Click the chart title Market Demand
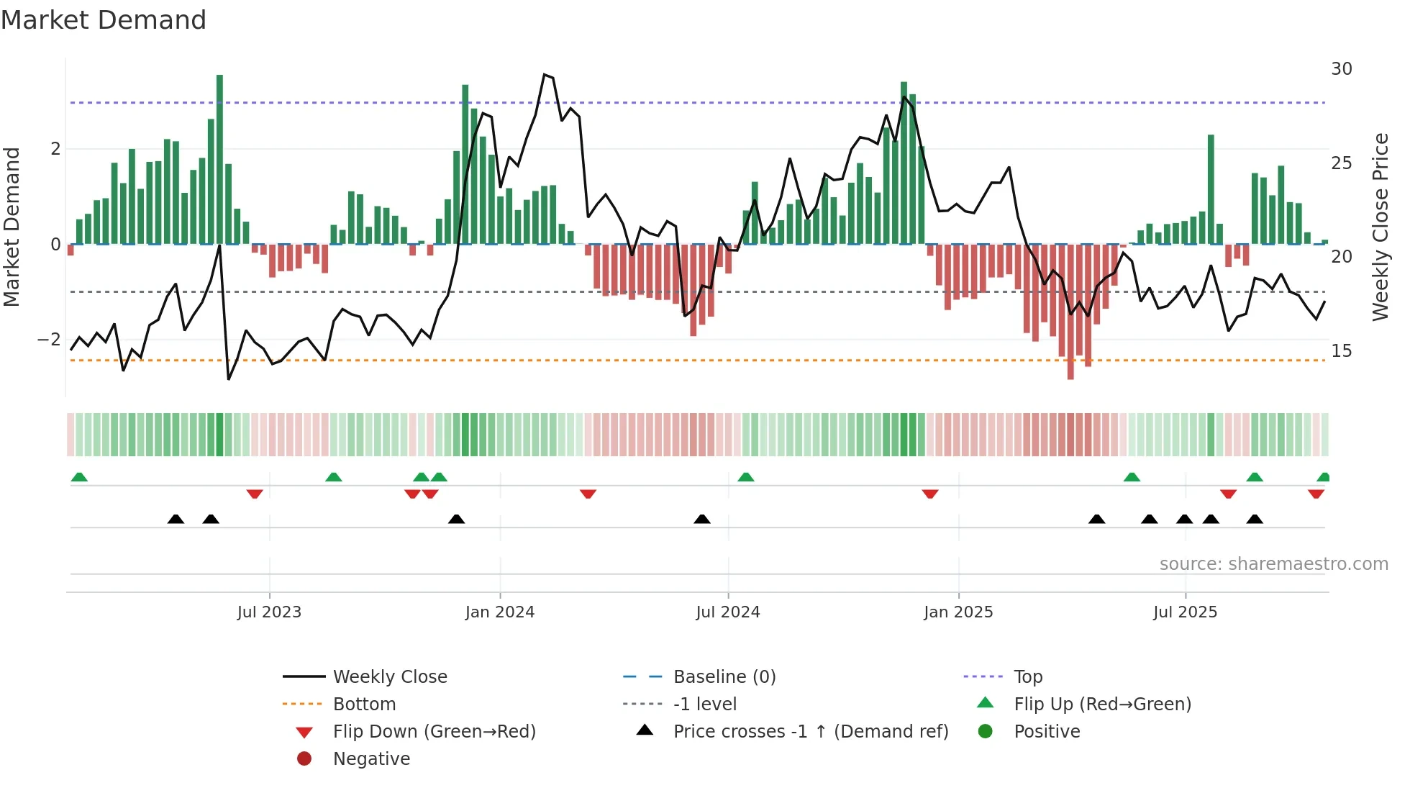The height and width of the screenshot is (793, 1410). [x=104, y=20]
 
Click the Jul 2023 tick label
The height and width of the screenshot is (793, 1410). [x=269, y=612]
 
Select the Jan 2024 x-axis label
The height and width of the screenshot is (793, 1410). [x=499, y=612]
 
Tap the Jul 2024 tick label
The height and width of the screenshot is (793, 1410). [x=727, y=612]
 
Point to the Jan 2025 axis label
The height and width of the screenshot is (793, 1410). [x=958, y=612]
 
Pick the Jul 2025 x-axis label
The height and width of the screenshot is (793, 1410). [x=1185, y=612]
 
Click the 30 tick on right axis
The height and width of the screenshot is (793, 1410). [x=1341, y=69]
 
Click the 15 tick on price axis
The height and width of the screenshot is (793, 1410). [x=1341, y=351]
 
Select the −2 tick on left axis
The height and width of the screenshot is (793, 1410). [x=49, y=340]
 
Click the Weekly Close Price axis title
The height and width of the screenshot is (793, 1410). [x=1380, y=227]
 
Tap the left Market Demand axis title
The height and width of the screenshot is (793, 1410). [x=12, y=227]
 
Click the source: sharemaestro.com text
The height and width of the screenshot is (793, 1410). [x=1273, y=564]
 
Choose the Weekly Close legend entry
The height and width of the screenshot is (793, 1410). [x=389, y=677]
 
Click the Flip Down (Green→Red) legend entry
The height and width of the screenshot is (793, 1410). [x=434, y=732]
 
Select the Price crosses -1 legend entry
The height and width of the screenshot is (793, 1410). [x=810, y=732]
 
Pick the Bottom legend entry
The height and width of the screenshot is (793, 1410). [x=364, y=704]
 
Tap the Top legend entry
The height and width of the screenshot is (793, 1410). [x=1027, y=677]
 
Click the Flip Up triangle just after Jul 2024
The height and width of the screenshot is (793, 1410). [x=746, y=477]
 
